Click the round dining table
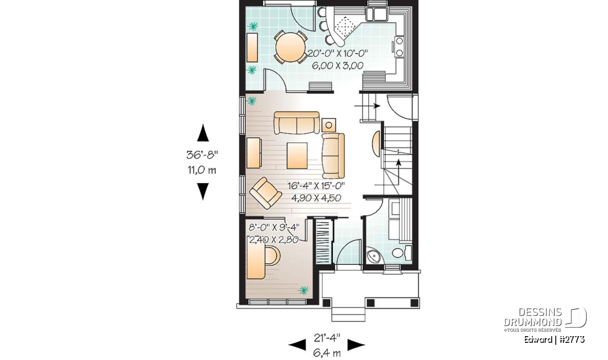pos(290,48)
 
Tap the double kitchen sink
pos(376,14)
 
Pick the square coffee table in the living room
pos(297,156)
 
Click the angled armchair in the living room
pos(265,193)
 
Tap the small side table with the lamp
pos(329,125)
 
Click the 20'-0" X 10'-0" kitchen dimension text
pos(337,53)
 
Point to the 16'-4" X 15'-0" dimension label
pos(316,186)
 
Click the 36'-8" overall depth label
pos(202,155)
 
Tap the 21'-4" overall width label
pos(327,338)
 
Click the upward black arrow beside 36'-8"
pos(203,133)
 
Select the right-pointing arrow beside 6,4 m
pos(356,345)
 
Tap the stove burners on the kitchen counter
pos(399,47)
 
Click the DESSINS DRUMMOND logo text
pos(533,317)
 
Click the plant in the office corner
pos(303,290)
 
